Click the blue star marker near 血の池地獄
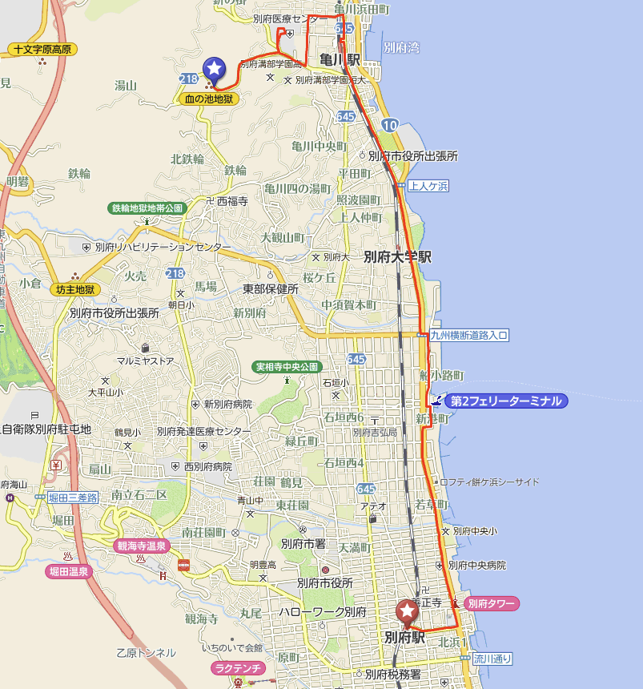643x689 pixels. (214, 69)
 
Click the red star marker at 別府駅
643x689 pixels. (408, 612)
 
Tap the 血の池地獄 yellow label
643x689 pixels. (207, 99)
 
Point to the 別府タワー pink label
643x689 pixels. (492, 603)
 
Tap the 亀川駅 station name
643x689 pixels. (340, 60)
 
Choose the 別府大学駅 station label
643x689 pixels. (398, 257)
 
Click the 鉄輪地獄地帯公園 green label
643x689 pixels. (147, 208)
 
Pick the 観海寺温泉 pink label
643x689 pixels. (140, 546)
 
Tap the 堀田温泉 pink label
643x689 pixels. (68, 571)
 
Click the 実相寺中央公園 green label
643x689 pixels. (287, 367)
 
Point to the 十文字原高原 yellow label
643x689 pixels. (42, 50)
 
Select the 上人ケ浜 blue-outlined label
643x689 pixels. (428, 186)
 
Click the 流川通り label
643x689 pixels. (491, 659)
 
